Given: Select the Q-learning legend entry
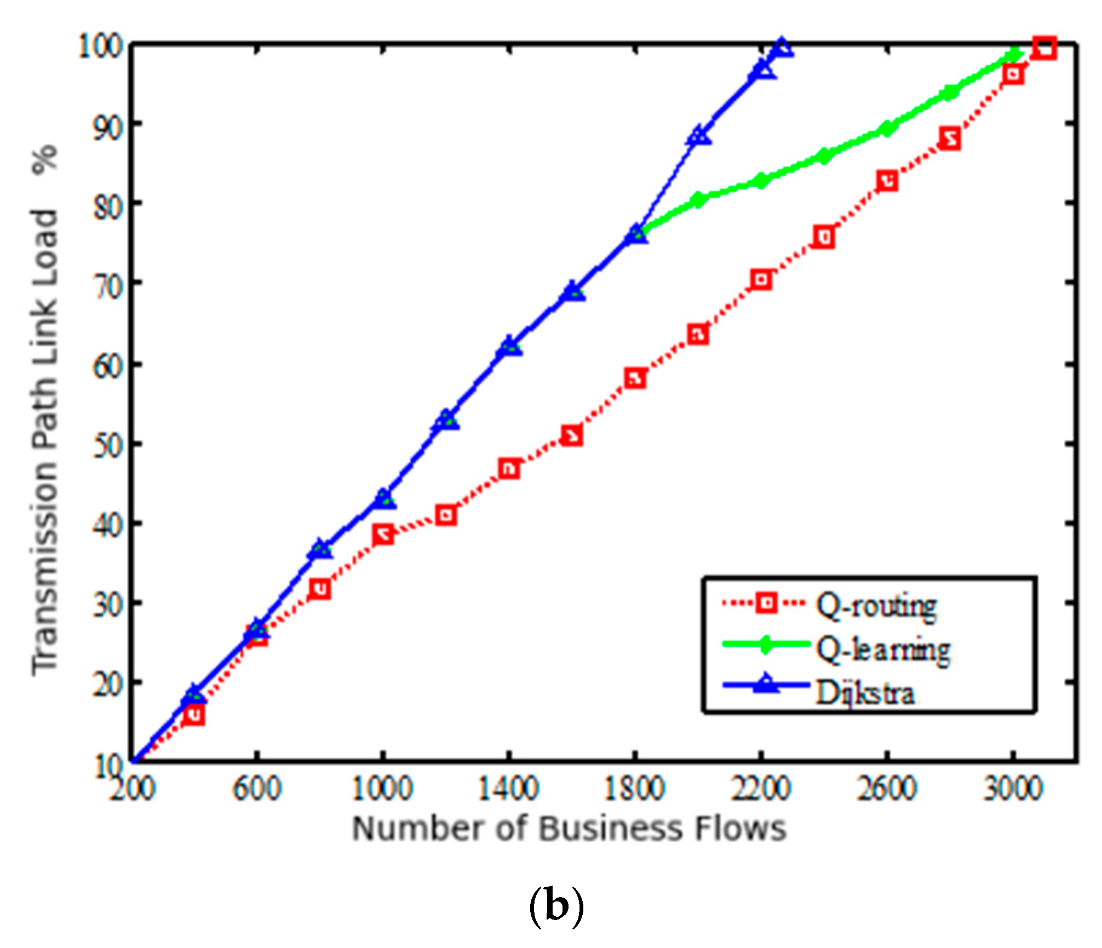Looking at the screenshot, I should click(883, 650).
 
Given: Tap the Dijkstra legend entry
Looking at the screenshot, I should click(865, 693).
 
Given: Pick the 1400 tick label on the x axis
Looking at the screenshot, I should click(509, 789).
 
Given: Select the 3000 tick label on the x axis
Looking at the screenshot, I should click(1013, 789).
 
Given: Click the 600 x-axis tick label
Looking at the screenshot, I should click(257, 789).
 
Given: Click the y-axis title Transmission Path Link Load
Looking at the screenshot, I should click(45, 411).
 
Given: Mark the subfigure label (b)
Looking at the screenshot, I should click(556, 906).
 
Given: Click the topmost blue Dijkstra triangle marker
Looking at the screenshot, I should click(781, 48).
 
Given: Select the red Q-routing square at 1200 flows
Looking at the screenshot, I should click(446, 515).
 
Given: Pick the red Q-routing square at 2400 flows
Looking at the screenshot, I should click(824, 237).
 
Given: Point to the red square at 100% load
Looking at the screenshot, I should click(1044, 48).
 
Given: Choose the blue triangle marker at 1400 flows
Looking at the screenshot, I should click(509, 346).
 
